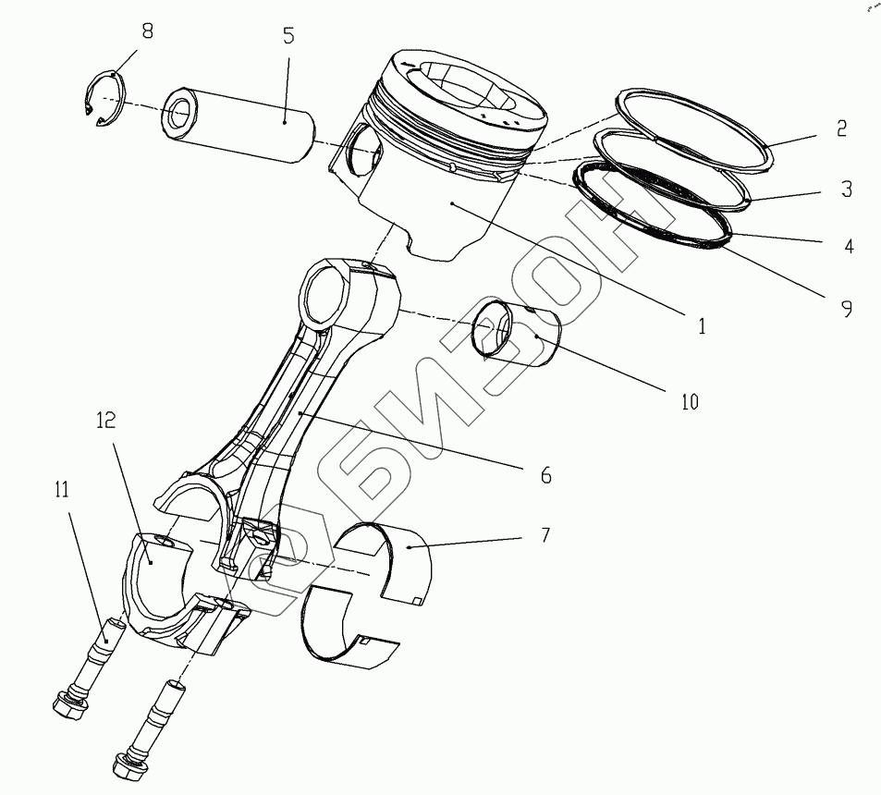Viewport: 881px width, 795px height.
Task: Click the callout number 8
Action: click(x=146, y=31)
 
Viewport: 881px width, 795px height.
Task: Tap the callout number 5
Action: click(x=288, y=37)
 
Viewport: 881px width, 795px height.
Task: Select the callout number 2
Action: click(x=841, y=128)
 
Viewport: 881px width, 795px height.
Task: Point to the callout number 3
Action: click(x=846, y=190)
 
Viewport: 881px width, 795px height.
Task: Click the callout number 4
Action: click(x=849, y=247)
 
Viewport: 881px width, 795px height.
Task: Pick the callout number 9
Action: click(x=846, y=309)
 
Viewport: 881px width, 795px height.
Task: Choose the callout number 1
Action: click(x=702, y=325)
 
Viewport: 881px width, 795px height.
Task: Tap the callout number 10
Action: click(x=690, y=401)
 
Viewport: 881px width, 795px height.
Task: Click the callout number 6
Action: click(x=545, y=475)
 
